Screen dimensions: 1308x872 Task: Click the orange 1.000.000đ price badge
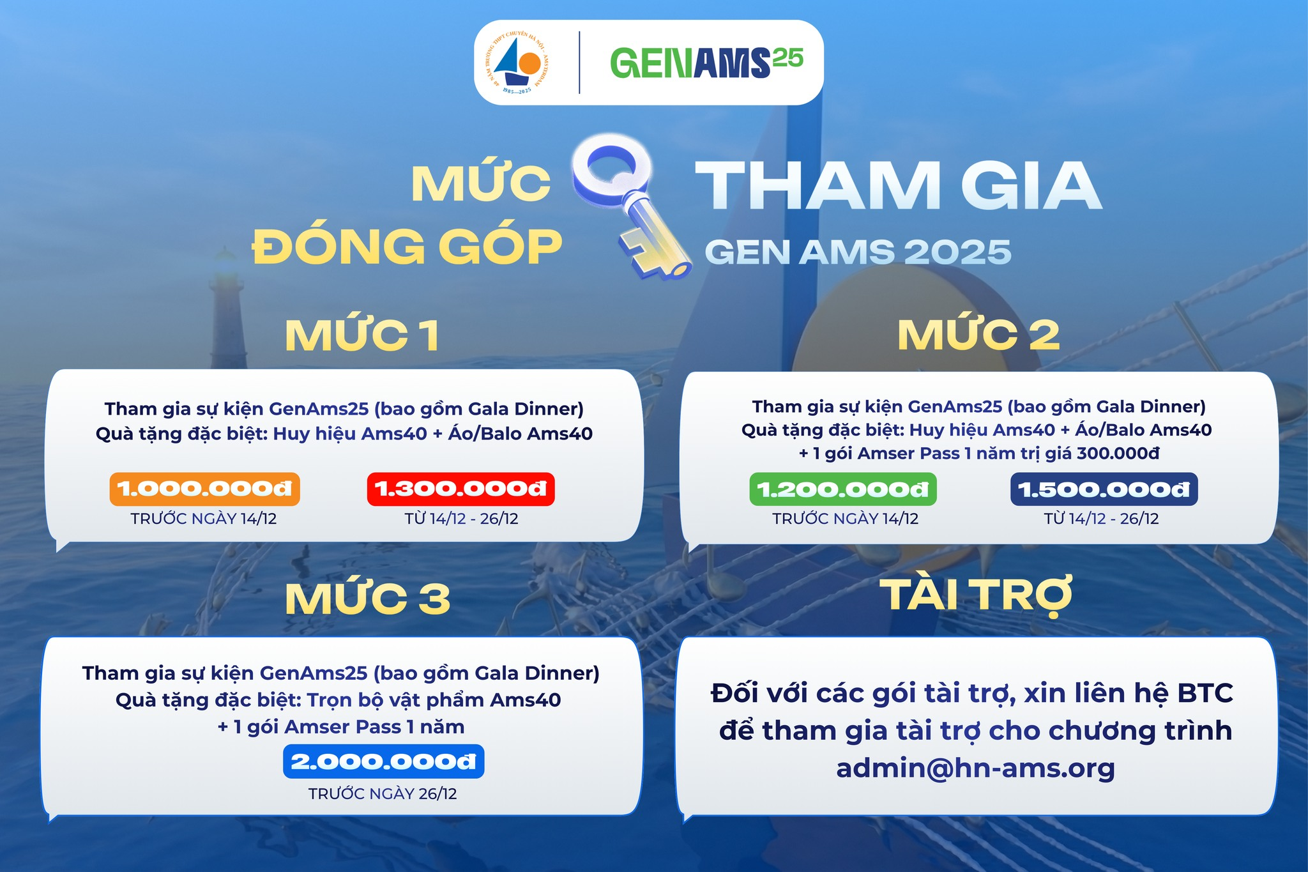[204, 489]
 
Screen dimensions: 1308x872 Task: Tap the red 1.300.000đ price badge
[460, 489]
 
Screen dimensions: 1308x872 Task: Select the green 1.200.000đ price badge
[843, 489]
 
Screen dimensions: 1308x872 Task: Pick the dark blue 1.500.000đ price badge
[1104, 489]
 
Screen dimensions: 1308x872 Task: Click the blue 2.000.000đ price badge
[383, 761]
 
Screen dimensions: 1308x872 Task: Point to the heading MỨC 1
[362, 335]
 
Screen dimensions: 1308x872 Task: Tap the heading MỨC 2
[978, 334]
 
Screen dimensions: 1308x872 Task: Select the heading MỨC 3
[367, 599]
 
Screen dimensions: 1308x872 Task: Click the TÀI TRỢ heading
[976, 595]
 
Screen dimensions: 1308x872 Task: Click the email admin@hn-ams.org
[975, 768]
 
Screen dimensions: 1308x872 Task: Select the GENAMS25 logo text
[706, 63]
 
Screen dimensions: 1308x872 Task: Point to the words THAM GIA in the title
[899, 185]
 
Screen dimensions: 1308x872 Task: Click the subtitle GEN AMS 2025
[858, 252]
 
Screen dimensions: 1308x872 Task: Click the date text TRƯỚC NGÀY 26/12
[383, 793]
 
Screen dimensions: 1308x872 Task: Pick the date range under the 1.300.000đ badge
[461, 518]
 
